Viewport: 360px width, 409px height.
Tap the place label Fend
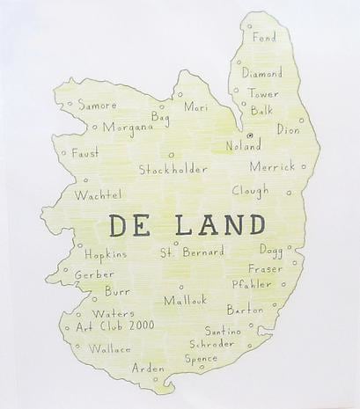coord(264,38)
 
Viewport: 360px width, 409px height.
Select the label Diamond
coord(262,73)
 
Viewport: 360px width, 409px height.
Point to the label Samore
coord(97,105)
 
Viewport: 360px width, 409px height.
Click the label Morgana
coord(128,127)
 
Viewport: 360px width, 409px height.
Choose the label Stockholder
coord(173,168)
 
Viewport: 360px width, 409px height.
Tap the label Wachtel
coord(95,194)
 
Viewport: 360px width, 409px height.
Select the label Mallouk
coord(185,300)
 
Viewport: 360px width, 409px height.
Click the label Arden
coord(148,368)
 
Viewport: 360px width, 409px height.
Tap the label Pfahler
coord(252,284)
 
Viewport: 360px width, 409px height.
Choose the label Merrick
coord(272,166)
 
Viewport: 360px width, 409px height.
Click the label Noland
coord(243,146)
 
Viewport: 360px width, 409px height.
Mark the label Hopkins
coord(106,254)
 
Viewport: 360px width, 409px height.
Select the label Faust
coord(84,152)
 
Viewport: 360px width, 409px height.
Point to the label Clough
coord(251,190)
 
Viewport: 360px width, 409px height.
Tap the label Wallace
coord(109,348)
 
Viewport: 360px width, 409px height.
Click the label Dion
coord(288,129)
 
